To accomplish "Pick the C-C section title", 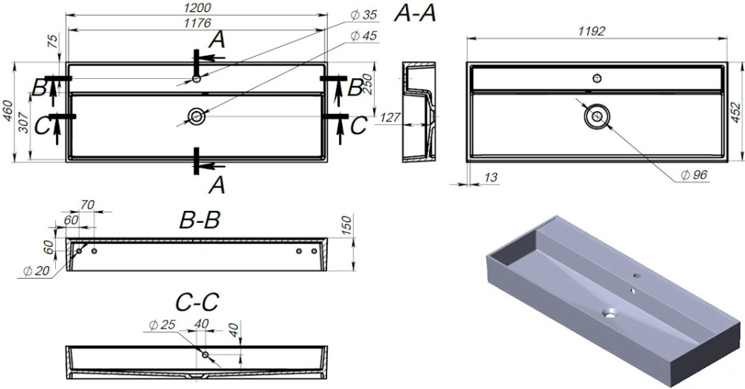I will point(197,302).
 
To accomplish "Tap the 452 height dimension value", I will point(735,112).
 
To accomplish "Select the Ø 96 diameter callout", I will point(694,174).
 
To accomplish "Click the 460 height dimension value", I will point(9,112).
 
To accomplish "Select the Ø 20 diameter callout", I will point(31,271).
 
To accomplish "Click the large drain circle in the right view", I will point(596,116).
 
